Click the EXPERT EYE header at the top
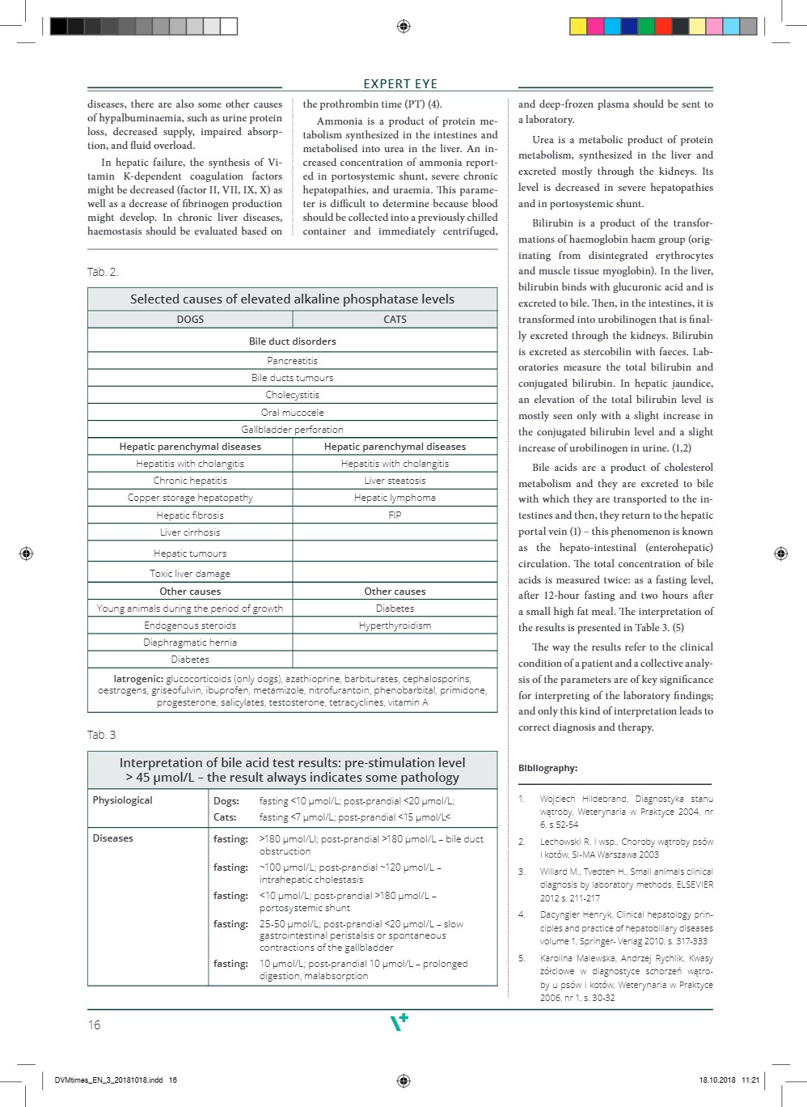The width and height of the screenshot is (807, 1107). pyautogui.click(x=400, y=84)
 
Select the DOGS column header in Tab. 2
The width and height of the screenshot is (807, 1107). pyautogui.click(x=190, y=320)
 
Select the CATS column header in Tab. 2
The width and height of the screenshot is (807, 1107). pyautogui.click(x=395, y=320)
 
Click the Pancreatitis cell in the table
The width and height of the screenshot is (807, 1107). pyautogui.click(x=292, y=361)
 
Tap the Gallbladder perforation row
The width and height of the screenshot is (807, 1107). pyautogui.click(x=292, y=430)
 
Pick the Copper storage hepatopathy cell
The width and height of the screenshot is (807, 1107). pyautogui.click(x=190, y=498)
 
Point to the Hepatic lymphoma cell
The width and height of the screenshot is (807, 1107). pyautogui.click(x=395, y=498)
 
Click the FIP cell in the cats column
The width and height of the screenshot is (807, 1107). pyautogui.click(x=395, y=515)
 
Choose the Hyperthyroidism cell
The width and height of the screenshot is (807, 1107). pyautogui.click(x=395, y=626)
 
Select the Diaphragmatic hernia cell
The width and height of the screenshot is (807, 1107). pyautogui.click(x=190, y=643)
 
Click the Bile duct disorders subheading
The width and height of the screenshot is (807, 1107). pyautogui.click(x=292, y=341)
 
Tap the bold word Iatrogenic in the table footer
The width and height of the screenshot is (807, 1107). pyautogui.click(x=138, y=679)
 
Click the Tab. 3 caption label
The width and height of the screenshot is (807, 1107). pyautogui.click(x=101, y=735)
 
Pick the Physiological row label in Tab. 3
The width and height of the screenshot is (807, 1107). pyautogui.click(x=122, y=800)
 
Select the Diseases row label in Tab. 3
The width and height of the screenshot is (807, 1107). pyautogui.click(x=113, y=838)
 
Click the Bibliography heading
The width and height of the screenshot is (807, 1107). pyautogui.click(x=547, y=768)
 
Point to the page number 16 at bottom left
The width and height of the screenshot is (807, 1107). pyautogui.click(x=94, y=1025)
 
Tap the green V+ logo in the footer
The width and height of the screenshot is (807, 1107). pyautogui.click(x=399, y=1022)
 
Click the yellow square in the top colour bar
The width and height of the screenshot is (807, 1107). pyautogui.click(x=578, y=27)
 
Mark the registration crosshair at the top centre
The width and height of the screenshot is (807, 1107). pyautogui.click(x=403, y=27)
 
